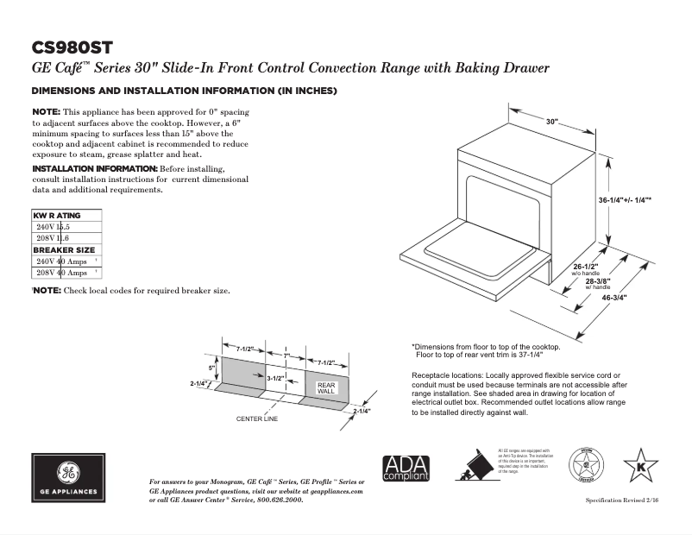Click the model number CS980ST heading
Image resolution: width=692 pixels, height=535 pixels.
tap(72, 47)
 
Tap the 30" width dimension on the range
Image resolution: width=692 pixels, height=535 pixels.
tap(552, 123)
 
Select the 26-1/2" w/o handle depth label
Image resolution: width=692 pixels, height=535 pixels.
tap(585, 269)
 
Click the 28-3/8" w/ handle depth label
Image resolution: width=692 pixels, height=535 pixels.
tap(598, 283)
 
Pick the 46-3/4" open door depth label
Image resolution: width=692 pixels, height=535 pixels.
tap(614, 298)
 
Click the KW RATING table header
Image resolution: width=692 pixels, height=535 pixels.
tap(57, 215)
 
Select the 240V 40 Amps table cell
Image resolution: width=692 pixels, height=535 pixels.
tap(62, 261)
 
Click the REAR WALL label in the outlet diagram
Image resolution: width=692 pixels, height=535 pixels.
tap(326, 388)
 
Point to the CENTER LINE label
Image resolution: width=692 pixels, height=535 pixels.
tap(257, 419)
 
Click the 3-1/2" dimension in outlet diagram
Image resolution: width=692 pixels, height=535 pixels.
tap(276, 378)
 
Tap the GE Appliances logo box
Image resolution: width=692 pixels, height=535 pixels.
tap(68, 477)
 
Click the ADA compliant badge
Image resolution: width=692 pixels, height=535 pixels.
tap(406, 469)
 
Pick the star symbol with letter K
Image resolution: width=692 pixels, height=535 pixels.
tap(640, 465)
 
